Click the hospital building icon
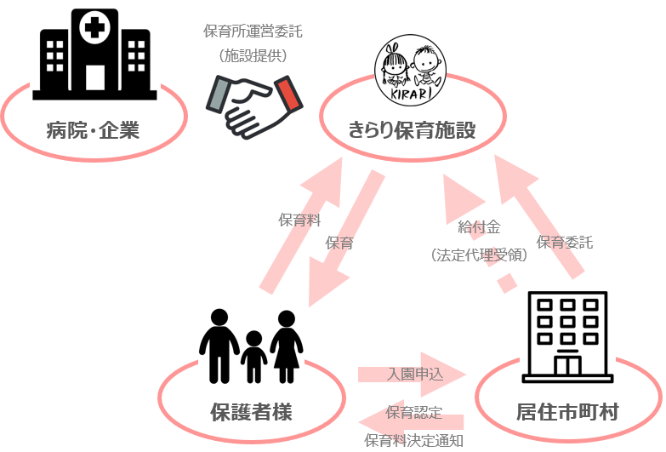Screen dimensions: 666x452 94,54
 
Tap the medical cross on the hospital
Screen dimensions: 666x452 94,28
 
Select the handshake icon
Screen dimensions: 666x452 254,106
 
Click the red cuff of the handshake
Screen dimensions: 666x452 289,94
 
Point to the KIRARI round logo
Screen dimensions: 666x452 410,70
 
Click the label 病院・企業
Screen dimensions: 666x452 93,129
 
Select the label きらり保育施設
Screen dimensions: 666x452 412,129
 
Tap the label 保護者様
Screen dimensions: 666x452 252,412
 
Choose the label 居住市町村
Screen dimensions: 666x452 567,412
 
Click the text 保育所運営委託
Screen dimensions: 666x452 253,31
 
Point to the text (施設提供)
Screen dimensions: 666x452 253,55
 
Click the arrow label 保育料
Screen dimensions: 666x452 299,220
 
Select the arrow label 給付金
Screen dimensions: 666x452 479,227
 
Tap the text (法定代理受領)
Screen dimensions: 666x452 479,255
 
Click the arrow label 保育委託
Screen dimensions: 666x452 565,242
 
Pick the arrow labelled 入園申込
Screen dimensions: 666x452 412,375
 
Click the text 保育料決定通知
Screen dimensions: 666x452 413,440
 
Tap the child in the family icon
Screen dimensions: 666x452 253,357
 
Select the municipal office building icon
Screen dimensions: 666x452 567,337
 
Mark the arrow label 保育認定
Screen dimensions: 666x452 413,413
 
